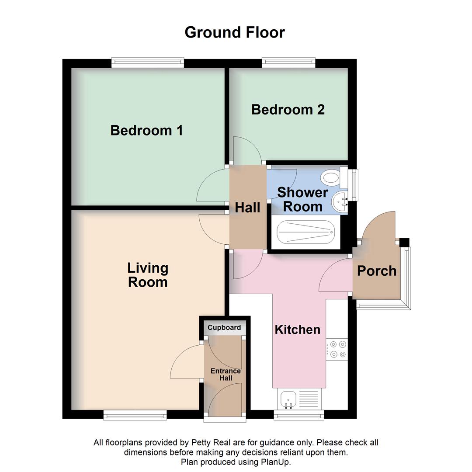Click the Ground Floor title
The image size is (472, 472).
[235, 32]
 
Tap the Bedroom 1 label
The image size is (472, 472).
[146, 130]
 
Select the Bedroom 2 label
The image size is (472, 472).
[288, 109]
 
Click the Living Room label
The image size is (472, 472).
[148, 275]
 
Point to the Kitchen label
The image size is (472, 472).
[297, 330]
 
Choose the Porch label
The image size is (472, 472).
[377, 271]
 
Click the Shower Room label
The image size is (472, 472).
[302, 199]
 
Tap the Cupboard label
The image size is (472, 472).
[224, 328]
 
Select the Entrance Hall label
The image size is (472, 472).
[226, 375]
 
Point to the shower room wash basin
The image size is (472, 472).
[340, 202]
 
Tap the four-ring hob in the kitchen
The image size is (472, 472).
[337, 349]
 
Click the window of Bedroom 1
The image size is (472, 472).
[147, 63]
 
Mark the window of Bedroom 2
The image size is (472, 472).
[288, 63]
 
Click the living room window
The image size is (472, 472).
[135, 415]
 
